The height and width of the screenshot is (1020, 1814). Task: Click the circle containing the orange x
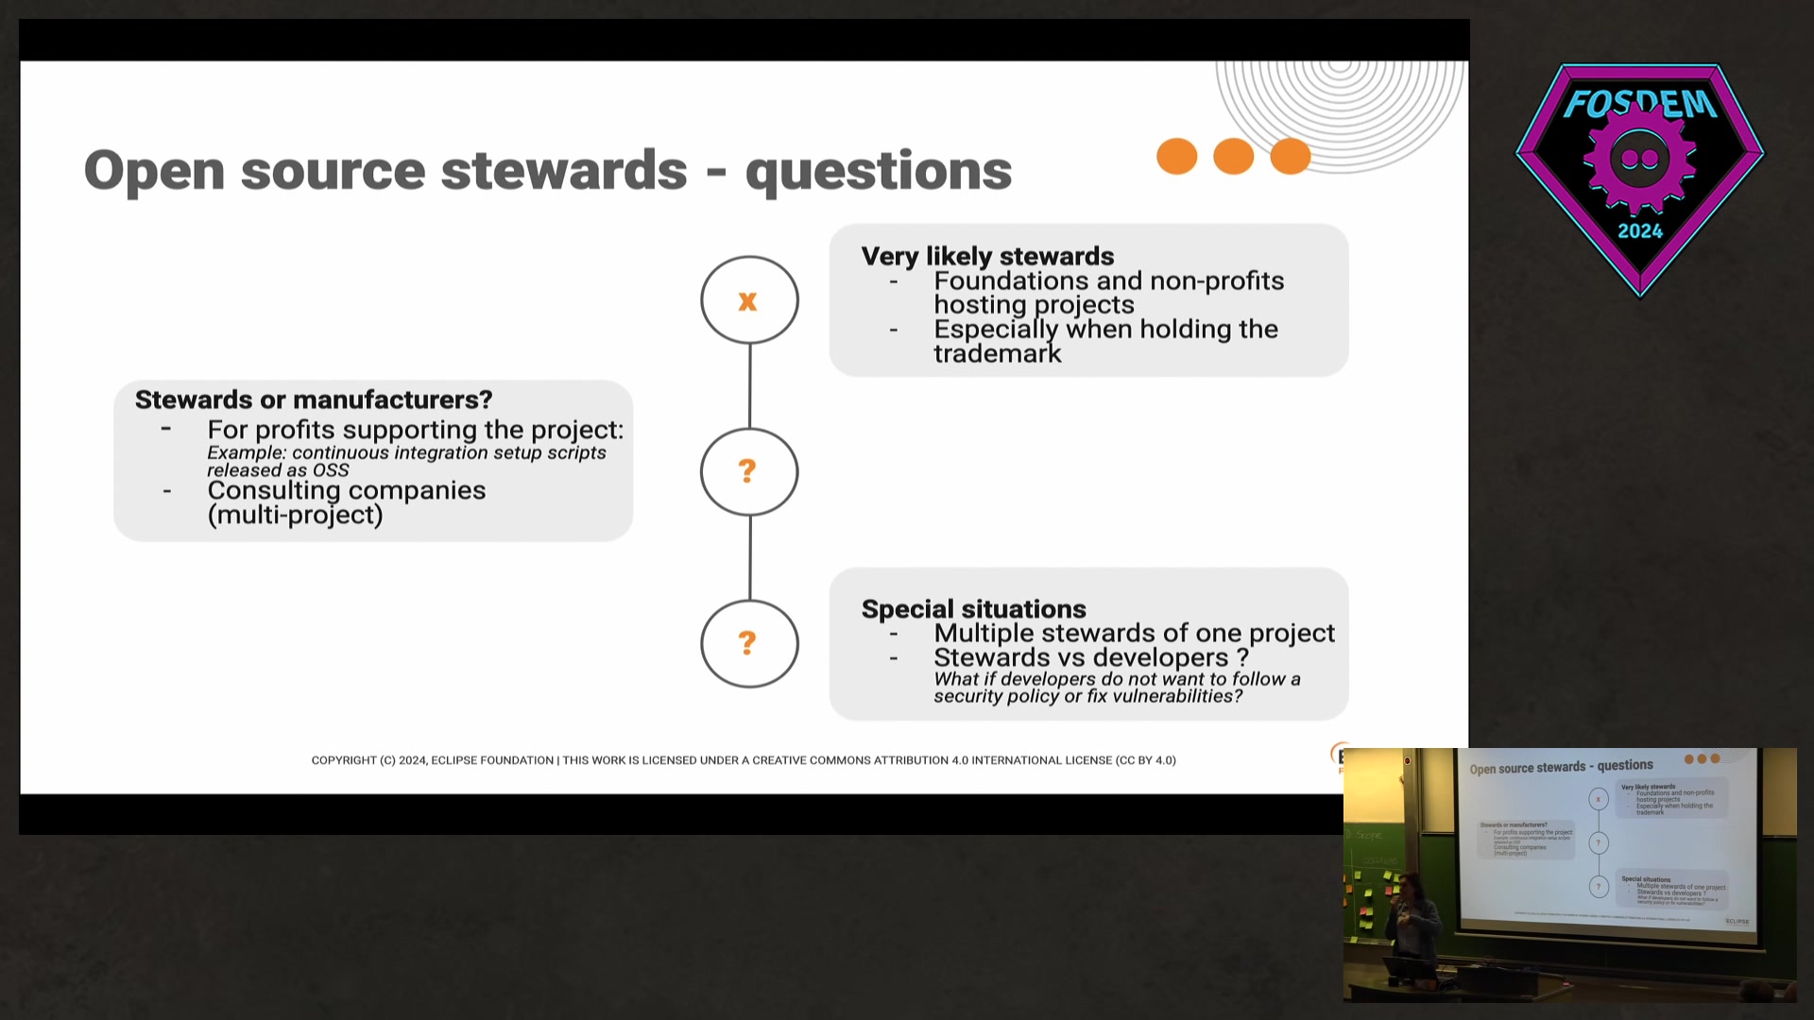coord(749,300)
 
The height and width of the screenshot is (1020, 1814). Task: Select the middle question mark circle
coord(749,471)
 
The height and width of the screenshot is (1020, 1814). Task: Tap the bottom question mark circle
coord(749,643)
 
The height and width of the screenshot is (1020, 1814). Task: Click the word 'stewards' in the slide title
coord(564,171)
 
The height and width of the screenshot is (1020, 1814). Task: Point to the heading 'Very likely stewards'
coord(987,256)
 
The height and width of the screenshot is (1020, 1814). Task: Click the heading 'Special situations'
coord(973,609)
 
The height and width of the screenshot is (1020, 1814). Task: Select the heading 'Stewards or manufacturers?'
coord(314,399)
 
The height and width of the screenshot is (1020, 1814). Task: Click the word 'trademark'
coord(998,354)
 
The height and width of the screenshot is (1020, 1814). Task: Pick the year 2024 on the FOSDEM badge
coord(1640,231)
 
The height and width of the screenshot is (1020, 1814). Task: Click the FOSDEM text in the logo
coord(1640,102)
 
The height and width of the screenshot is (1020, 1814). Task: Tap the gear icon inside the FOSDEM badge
coord(1640,159)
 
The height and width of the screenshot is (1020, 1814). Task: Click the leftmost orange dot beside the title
coord(1176,156)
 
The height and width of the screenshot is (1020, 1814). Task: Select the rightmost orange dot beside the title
coord(1291,156)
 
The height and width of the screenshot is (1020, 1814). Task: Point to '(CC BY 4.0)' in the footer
coord(1145,760)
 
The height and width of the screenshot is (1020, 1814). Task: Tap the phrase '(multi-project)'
coord(295,515)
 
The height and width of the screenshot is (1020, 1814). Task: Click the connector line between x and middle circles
coord(749,385)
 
